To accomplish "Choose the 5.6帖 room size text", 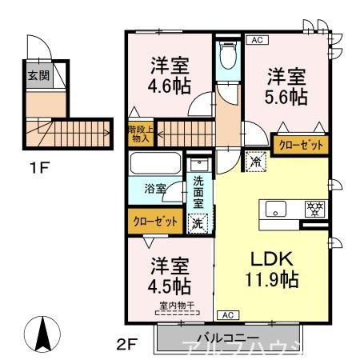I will click(x=286, y=96).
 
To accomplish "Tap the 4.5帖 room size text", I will click(x=167, y=285).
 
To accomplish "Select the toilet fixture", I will click(x=226, y=57).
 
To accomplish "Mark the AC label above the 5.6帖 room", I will click(x=257, y=39).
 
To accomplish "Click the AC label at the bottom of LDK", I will click(x=226, y=314).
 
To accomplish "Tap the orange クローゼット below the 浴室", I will click(x=155, y=222).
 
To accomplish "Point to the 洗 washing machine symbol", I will click(x=197, y=224).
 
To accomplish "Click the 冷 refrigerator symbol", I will click(x=256, y=160).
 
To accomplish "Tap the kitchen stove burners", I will click(x=314, y=210).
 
